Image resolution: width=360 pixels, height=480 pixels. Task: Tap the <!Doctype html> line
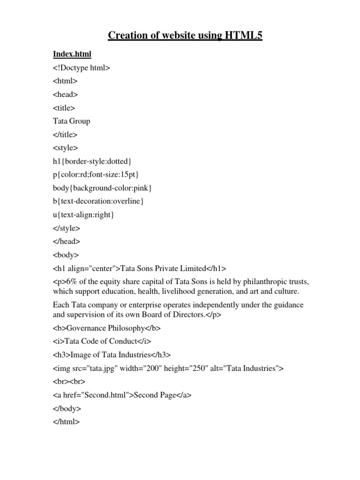point(82,68)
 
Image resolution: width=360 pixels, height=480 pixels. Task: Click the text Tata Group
point(72,121)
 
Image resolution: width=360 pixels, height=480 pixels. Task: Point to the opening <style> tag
point(65,148)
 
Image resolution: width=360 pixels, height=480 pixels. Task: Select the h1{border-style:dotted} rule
point(96,161)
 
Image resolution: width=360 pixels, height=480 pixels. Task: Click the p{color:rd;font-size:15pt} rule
point(96,174)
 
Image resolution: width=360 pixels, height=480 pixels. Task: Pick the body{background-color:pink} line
point(103,188)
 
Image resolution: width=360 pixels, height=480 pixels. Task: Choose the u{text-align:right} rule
point(84,215)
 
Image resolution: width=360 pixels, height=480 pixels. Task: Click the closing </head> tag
point(67,241)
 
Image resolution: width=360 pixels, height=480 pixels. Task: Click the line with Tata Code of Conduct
point(102,341)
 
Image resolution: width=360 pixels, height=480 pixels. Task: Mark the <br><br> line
point(69,382)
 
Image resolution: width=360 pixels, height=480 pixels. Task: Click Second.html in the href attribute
point(110,395)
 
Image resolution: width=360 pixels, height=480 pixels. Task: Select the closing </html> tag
point(67,422)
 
